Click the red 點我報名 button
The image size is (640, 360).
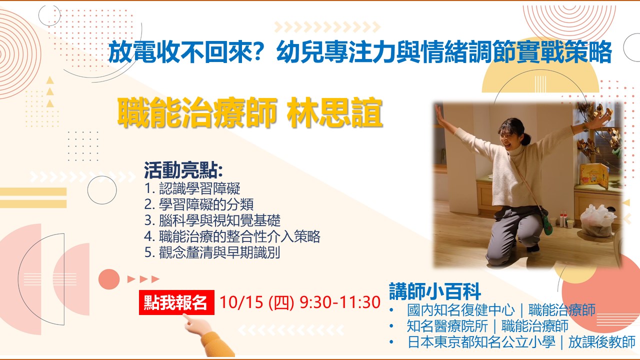pos(176,302)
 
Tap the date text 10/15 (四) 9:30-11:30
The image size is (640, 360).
pos(300,302)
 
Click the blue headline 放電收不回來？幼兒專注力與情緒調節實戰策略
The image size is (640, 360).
pos(360,52)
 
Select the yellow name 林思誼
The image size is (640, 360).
pos(334,112)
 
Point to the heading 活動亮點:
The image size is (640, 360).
pos(183,170)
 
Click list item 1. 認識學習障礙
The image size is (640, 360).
pos(192,188)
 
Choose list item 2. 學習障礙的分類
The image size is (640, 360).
pos(199,204)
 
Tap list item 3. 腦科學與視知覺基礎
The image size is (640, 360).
pos(212,220)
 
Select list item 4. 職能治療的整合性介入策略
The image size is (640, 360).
pos(232,236)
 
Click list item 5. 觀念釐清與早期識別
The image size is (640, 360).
pos(212,252)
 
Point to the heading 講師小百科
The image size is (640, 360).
pos(435,291)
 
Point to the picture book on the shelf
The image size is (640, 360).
pos(594,175)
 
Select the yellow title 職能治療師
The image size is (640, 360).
pos(197,112)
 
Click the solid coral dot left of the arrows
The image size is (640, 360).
pos(109,279)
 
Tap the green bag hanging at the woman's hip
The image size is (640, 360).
pos(547,225)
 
